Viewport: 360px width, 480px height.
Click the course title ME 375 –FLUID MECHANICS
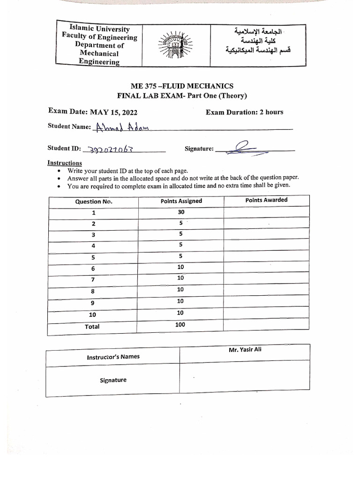(182, 86)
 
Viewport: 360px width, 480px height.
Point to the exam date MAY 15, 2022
(114, 112)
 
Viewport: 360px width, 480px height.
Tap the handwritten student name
(121, 127)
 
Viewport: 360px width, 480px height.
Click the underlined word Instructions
(65, 163)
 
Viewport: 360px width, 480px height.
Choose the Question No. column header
(94, 202)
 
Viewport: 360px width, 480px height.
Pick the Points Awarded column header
(266, 200)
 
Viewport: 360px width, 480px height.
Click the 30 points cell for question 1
(181, 212)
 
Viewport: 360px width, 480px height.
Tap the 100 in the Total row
(180, 324)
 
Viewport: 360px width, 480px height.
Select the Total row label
(92, 327)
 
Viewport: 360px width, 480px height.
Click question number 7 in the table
(93, 279)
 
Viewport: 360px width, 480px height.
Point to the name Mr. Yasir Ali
(245, 349)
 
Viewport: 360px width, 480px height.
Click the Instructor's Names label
(113, 357)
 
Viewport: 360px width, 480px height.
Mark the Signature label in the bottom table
(113, 380)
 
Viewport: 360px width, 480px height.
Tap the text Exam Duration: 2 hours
(244, 112)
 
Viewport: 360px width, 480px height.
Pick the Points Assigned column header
(181, 201)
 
